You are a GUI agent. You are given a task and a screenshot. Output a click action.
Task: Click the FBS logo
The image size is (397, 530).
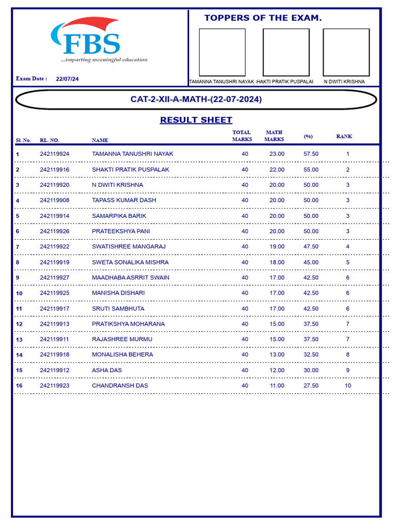point(90,40)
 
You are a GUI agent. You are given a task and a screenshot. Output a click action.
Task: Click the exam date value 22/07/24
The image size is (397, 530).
point(67,79)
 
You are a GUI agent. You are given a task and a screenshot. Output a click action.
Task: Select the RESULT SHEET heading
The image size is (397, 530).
point(196,120)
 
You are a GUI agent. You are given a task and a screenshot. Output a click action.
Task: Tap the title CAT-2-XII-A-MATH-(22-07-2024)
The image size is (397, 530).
point(196,99)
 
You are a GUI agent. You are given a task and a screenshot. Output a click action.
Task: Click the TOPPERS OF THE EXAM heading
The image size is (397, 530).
point(263,18)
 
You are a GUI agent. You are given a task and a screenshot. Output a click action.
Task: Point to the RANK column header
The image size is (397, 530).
point(344,137)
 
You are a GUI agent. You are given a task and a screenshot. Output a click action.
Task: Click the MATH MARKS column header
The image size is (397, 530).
point(274,136)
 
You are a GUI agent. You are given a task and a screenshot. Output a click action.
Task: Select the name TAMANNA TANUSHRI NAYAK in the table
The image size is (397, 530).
point(132,154)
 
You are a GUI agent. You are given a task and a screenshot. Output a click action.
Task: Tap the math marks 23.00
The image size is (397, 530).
point(277,154)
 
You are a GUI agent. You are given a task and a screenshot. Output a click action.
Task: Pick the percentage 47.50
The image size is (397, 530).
point(311,247)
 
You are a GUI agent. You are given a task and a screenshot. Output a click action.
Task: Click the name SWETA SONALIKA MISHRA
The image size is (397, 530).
point(130,262)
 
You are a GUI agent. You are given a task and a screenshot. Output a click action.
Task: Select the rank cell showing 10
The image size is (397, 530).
point(348,386)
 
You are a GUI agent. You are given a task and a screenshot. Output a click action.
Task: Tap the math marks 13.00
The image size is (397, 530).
point(277,355)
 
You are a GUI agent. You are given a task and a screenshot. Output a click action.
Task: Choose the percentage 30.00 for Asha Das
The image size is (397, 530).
point(311,371)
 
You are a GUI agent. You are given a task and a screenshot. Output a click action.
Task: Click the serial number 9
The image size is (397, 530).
point(18,278)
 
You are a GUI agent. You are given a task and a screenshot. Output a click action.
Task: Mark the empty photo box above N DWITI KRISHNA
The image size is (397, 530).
point(346,52)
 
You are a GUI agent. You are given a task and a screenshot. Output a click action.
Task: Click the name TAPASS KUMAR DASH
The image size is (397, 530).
point(124,200)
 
